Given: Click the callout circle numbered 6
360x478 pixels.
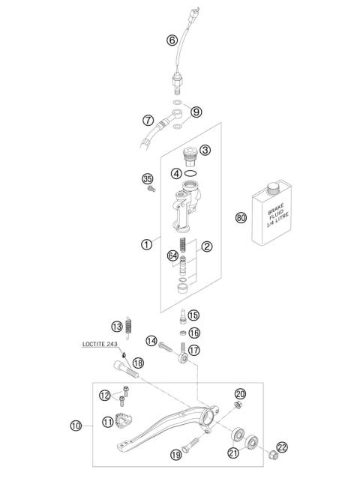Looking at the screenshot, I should pyautogui.click(x=172, y=40).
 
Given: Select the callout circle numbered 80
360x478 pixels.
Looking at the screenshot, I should pyautogui.click(x=241, y=218).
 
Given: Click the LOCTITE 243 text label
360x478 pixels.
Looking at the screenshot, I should pyautogui.click(x=102, y=344).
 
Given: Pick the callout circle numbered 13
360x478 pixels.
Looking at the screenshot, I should pyautogui.click(x=116, y=327).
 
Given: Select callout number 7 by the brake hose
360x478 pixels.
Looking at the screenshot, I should pyautogui.click(x=148, y=118).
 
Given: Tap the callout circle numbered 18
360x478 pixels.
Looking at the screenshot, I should pyautogui.click(x=137, y=363).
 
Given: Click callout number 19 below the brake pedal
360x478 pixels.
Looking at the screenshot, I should pyautogui.click(x=175, y=454).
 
